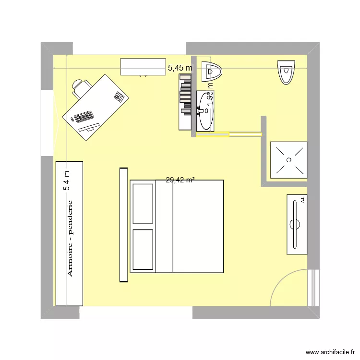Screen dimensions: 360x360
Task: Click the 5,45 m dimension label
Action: coord(180,68)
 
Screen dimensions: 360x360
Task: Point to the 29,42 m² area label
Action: coord(180,180)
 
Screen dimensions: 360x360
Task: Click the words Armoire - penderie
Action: coord(70,239)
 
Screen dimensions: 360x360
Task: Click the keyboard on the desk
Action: coord(84,117)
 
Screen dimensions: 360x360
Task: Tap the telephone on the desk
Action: coord(119,96)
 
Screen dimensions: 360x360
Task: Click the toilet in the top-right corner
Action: coord(286,72)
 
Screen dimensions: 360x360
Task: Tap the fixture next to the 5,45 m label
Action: coord(212,72)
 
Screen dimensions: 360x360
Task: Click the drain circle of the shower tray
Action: coord(289,159)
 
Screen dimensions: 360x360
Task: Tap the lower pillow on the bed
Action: coord(143,249)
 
